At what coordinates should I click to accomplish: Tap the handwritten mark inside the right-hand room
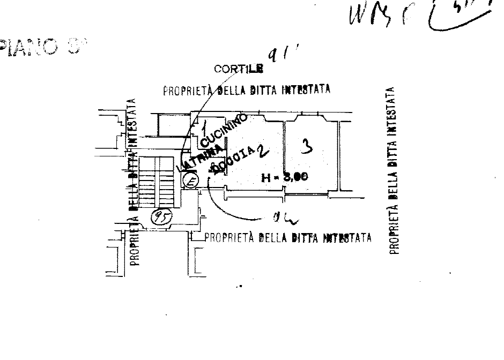pyautogui.click(x=306, y=147)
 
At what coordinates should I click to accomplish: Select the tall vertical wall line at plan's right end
pyautogui.click(x=338, y=156)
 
